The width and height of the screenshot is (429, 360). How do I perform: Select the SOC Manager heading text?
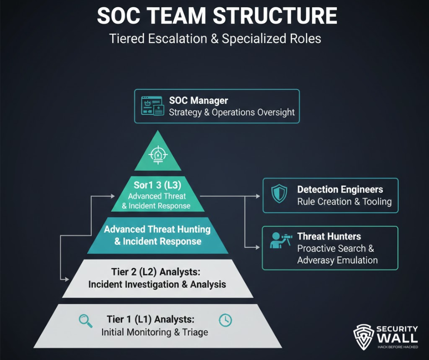click(199, 101)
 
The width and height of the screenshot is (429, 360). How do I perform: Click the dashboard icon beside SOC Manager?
click(152, 106)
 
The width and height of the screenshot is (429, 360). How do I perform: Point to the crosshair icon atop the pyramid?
click(158, 155)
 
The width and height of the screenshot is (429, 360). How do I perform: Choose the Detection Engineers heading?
click(340, 190)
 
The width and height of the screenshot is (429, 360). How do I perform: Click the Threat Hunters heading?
click(329, 237)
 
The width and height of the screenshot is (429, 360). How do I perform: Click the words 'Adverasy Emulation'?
click(337, 260)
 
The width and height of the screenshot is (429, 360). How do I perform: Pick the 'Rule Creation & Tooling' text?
click(344, 202)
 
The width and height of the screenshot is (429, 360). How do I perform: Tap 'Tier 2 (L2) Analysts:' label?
click(157, 272)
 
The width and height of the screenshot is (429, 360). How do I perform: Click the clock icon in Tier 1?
click(225, 320)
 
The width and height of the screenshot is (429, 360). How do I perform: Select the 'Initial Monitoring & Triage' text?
click(155, 332)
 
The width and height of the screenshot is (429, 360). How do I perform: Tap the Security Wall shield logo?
click(363, 336)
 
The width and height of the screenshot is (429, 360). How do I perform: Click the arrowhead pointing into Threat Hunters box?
click(259, 247)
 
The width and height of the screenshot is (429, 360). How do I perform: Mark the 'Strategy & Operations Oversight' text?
click(232, 112)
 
